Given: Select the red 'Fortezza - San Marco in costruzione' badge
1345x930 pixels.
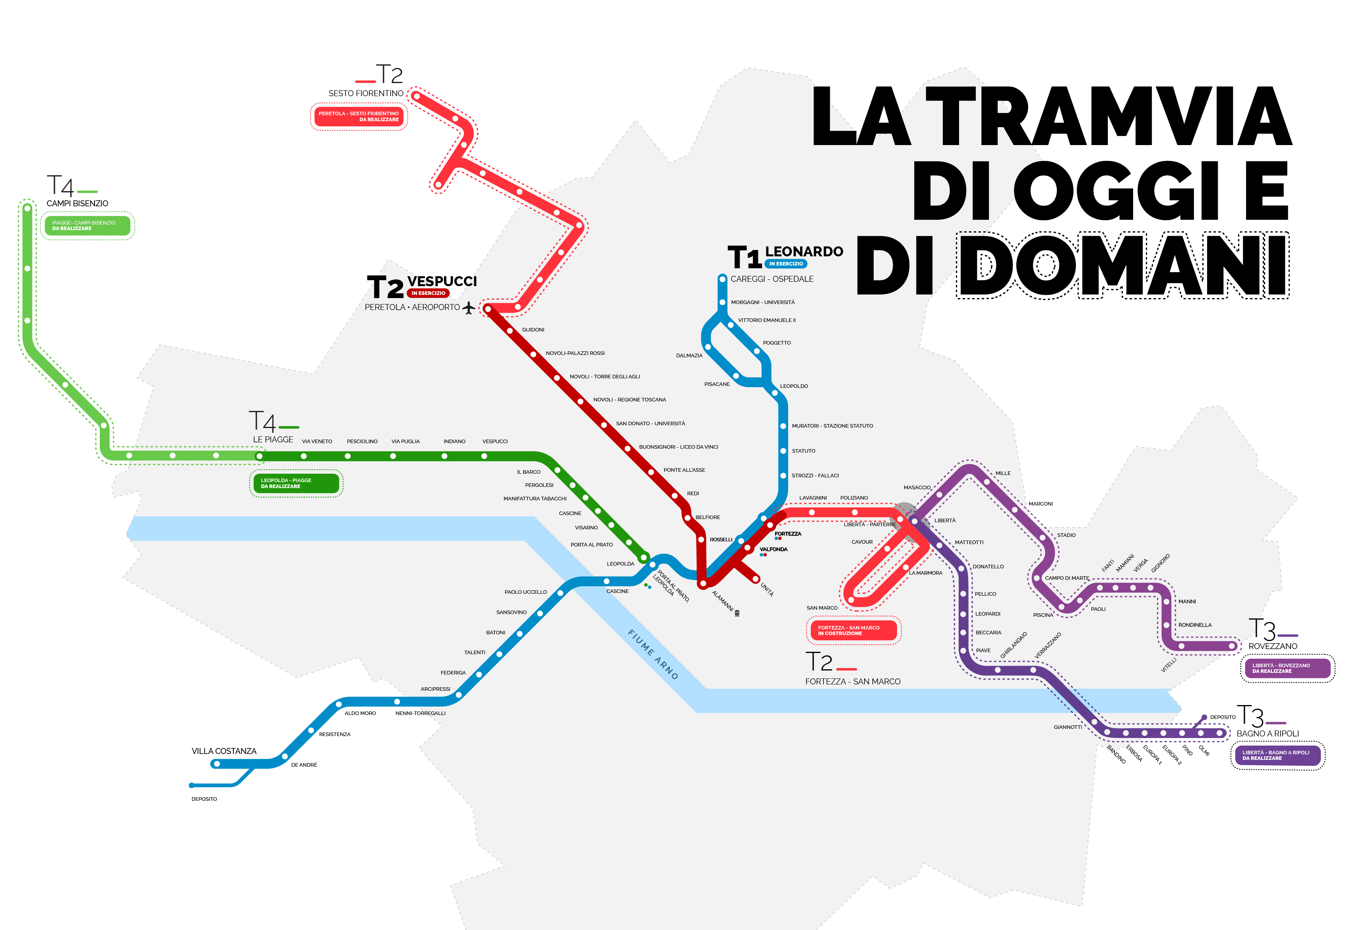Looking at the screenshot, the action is point(854,630).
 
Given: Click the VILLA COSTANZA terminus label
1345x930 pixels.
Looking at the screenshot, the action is point(224,751).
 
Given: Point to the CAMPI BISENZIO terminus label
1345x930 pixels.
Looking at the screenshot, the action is point(78,203).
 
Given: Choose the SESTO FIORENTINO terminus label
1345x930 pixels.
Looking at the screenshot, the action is point(365,93).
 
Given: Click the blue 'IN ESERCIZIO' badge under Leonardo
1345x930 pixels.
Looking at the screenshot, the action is point(785,264).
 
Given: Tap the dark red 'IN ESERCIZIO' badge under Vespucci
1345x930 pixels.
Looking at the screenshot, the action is point(428,293).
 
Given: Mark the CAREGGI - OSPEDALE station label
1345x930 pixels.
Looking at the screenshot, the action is point(771,279).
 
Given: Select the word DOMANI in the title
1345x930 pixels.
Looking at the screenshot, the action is point(1122,266).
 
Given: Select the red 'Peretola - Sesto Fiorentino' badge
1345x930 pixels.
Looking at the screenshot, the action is point(359,116).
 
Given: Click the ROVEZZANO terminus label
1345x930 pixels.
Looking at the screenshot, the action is point(1273,646).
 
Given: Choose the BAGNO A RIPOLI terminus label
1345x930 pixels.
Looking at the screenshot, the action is point(1267,734).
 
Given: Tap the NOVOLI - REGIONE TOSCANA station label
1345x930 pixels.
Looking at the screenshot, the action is point(630,400).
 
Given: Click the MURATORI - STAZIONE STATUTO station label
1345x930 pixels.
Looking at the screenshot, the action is point(832,426).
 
